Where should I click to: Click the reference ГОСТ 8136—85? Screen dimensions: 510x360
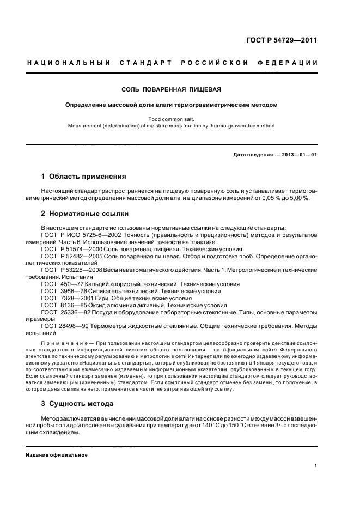coord(63,306)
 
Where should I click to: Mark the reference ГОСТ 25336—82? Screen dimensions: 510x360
coord(65,313)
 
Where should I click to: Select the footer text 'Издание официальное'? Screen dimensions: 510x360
coord(57,454)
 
